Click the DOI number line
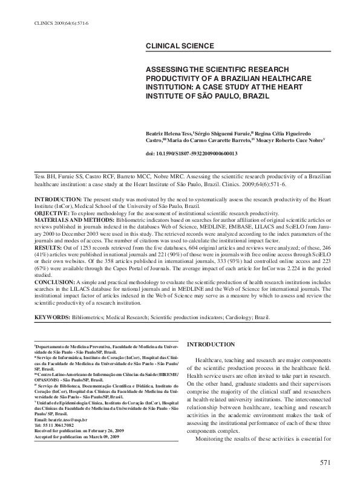coord(192,154)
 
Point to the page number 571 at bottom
coord(326,463)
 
